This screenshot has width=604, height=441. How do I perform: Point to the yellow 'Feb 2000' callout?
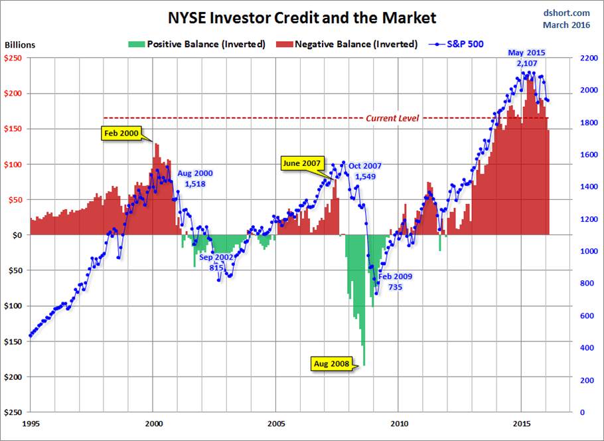point(121,133)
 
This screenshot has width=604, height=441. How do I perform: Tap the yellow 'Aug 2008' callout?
point(333,364)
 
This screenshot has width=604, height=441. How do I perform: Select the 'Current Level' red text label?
point(393,118)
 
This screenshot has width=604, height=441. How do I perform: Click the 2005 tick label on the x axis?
point(276,423)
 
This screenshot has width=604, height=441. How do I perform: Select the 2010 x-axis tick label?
point(399,423)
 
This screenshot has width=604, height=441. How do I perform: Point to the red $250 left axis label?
point(14,58)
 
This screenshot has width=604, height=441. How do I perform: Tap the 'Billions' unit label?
point(20,45)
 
